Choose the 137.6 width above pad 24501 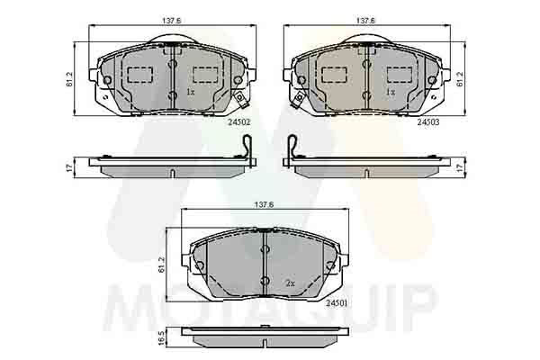pyautogui.click(x=263, y=203)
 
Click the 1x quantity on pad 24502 pyautogui.click(x=190, y=92)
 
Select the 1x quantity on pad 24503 pyautogui.click(x=391, y=92)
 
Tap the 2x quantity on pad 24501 pyautogui.click(x=290, y=283)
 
